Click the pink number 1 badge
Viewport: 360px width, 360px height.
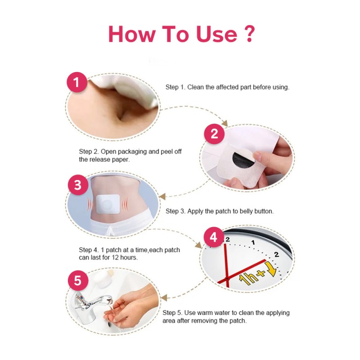pyautogui.click(x=77, y=83)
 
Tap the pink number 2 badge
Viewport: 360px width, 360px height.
pyautogui.click(x=214, y=134)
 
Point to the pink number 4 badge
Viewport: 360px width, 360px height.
pyautogui.click(x=214, y=237)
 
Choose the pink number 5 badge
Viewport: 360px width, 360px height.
pyautogui.click(x=78, y=281)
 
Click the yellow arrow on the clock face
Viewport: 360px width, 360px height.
pyautogui.click(x=271, y=269)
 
